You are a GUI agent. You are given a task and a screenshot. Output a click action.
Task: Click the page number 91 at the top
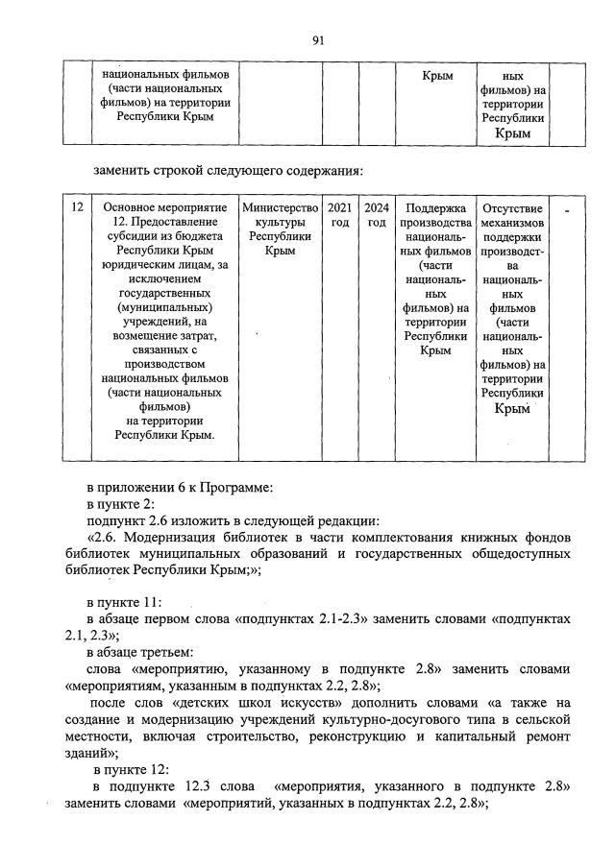click(x=319, y=39)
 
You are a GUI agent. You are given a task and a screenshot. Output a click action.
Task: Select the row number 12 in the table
click(x=78, y=207)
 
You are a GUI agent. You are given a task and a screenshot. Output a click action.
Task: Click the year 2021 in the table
click(x=339, y=207)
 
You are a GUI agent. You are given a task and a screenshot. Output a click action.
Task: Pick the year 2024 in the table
click(x=377, y=207)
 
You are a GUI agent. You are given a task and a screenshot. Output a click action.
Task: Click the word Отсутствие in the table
click(x=513, y=207)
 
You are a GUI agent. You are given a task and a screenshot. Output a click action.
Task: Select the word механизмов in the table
click(x=513, y=223)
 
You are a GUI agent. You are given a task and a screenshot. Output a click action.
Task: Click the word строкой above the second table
click(x=177, y=172)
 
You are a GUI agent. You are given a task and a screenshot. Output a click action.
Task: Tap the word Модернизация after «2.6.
click(x=176, y=536)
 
